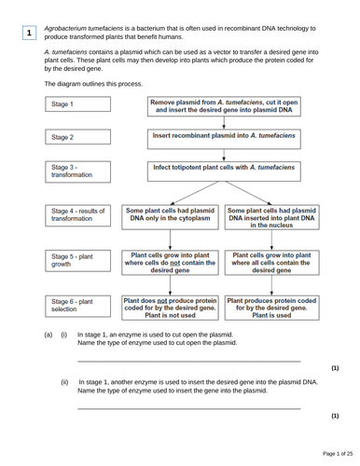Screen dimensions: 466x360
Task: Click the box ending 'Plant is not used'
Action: point(170,308)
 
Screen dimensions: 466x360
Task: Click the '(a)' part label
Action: point(43,333)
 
